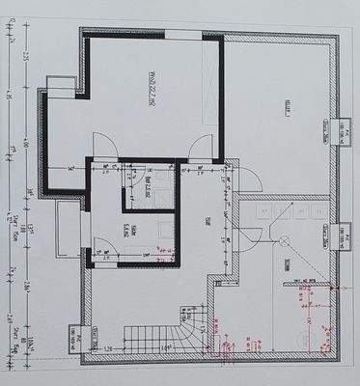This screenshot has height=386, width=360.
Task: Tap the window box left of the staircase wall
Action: coord(81,337)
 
